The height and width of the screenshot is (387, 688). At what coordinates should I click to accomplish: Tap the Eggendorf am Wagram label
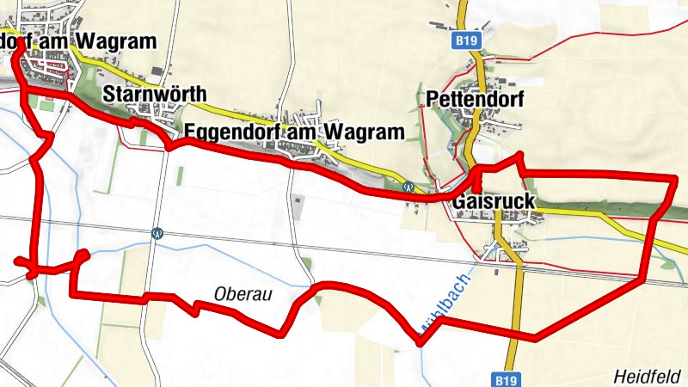point(293,132)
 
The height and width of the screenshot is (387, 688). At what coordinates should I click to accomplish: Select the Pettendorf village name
point(475,100)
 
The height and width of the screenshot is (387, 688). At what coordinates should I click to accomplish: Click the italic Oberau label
point(242,294)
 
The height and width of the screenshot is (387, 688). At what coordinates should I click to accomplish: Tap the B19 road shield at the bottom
point(508,378)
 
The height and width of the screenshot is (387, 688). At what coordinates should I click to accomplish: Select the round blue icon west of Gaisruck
point(408,186)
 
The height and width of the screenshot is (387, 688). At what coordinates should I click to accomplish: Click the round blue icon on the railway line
point(157,232)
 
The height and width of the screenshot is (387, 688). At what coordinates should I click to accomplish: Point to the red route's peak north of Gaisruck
point(519,156)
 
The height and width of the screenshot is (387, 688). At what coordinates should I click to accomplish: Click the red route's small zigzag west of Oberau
point(195,304)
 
